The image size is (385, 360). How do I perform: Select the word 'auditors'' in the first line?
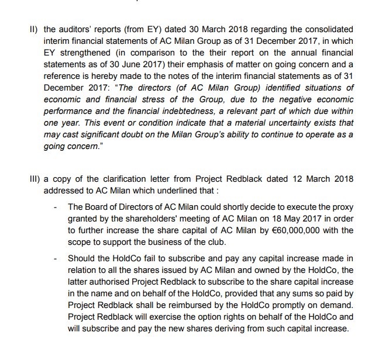(78, 29)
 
